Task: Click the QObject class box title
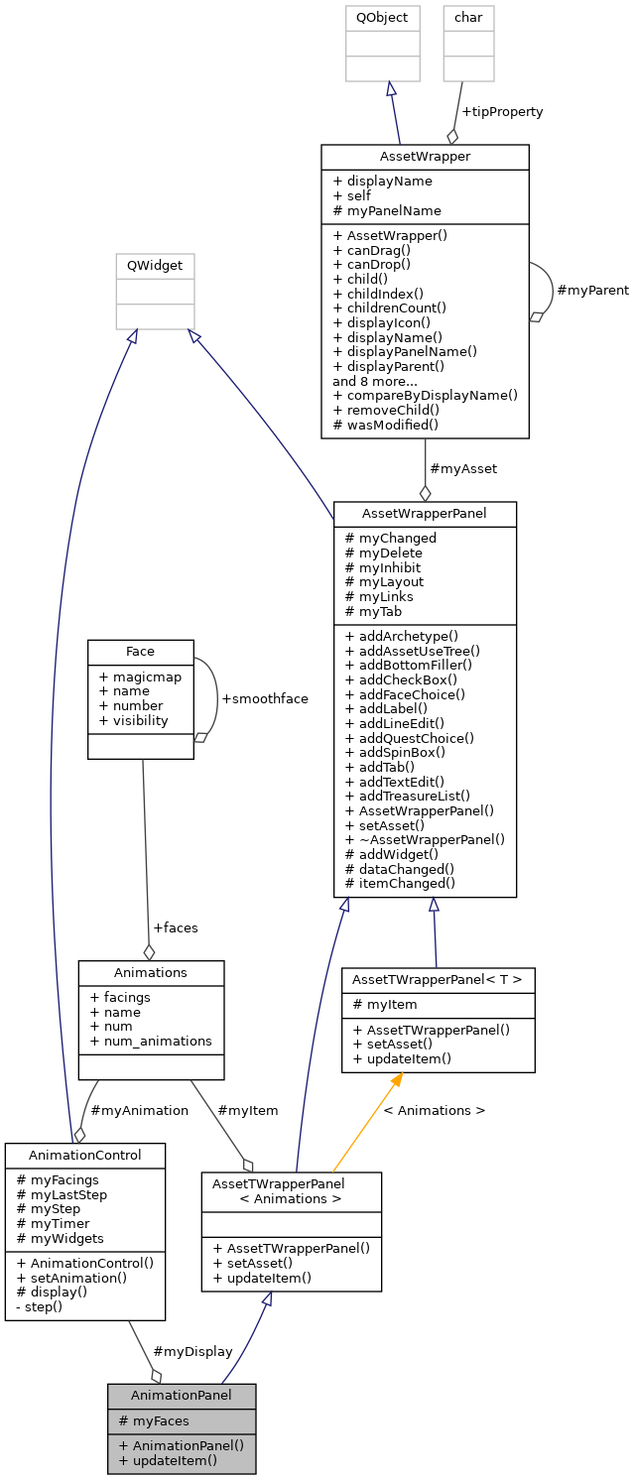coord(383,17)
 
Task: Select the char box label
coord(468,17)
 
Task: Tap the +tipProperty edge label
coord(502,112)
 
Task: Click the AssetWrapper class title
coord(425,157)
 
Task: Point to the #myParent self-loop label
coord(592,290)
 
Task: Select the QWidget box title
coord(155,266)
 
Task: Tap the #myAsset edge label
coord(463,468)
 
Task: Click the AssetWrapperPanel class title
coord(425,514)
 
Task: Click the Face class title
coord(141,651)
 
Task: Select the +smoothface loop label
coord(265,698)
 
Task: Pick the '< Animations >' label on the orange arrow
coord(434,1110)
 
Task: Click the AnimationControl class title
coord(85,1155)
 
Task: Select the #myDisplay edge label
coord(192,1351)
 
